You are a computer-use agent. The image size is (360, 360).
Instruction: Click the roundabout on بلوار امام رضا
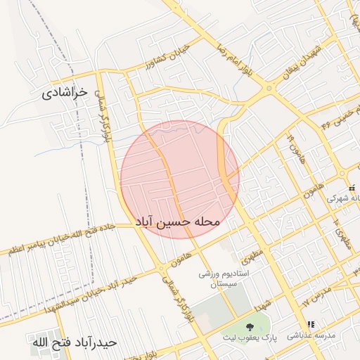(x=269, y=89)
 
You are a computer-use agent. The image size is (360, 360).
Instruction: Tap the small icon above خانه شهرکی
(x=352, y=188)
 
